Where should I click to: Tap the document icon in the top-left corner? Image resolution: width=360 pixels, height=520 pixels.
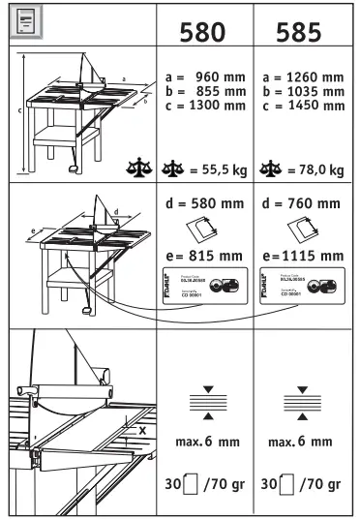point(21,18)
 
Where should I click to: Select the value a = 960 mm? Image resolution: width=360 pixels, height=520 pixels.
point(204,76)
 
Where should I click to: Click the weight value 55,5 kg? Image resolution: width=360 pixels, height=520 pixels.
point(214,169)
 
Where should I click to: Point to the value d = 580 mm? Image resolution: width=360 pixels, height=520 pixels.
point(204,205)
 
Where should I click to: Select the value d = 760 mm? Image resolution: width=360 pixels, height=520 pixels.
point(302,205)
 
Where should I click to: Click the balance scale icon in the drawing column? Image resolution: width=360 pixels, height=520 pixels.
point(141,169)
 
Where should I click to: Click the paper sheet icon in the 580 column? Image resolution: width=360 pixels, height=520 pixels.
point(204,231)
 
